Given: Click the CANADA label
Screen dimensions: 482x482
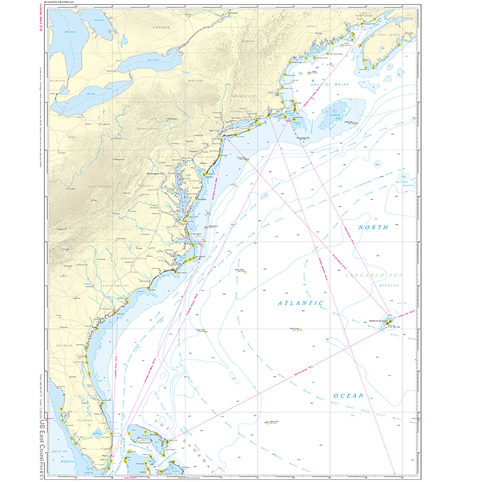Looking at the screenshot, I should coord(161,27).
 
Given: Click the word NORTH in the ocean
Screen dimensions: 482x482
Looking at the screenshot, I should coord(373,227).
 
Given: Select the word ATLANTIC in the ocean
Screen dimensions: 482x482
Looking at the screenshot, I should coord(300,303).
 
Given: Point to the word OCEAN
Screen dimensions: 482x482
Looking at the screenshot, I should coord(349,396).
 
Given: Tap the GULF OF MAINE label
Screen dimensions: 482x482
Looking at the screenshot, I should coord(330,85).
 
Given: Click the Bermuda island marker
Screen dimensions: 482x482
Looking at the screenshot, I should coord(389,321).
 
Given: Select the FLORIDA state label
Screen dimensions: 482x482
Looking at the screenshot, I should coord(85,420).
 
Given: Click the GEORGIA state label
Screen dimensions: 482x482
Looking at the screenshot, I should coord(64,345).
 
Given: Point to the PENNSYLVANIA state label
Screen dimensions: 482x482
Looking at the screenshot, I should coord(148,129).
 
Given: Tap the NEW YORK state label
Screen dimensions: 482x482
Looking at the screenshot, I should coord(196,80).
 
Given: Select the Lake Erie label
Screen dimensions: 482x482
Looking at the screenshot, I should coord(91,94).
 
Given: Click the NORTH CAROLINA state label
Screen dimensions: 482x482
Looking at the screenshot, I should coord(133,258).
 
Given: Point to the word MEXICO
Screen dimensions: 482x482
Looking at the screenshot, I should coord(68,461).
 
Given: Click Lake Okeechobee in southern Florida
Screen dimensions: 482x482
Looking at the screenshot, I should coord(96,434).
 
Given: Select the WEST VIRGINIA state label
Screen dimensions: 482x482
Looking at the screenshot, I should coord(100,186).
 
